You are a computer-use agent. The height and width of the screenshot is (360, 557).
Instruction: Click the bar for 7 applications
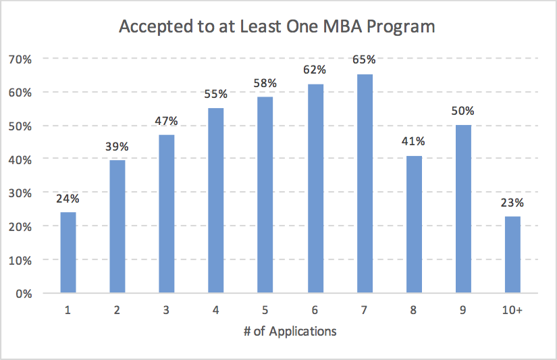365,184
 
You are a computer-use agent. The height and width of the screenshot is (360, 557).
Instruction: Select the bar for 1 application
68,253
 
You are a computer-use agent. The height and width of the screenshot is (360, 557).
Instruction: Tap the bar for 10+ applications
512,255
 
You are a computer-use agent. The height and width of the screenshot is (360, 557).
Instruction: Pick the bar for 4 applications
216,201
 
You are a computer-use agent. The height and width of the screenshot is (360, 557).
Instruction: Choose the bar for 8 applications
414,224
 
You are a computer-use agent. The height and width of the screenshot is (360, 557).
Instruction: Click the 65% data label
365,60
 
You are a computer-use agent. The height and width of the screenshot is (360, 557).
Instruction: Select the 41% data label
414,142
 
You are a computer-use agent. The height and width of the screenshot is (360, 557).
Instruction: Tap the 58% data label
266,83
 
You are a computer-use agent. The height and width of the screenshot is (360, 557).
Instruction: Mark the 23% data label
512,202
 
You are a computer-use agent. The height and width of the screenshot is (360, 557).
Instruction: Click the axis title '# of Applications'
290,332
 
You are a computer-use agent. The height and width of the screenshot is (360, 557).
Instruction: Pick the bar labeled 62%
315,188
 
